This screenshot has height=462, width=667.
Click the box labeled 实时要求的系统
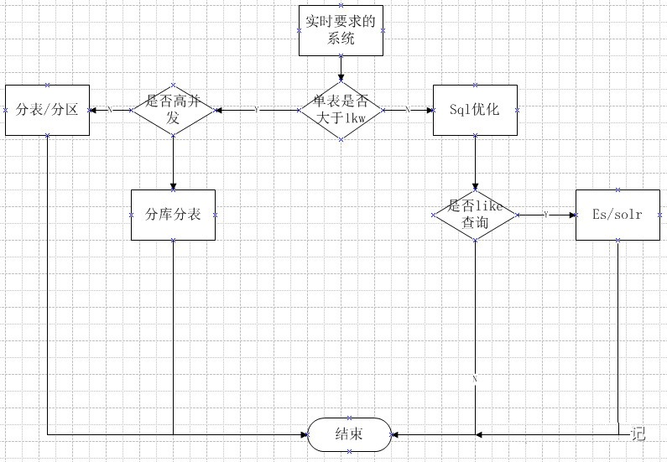pos(341,30)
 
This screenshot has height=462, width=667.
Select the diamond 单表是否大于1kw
pos(341,110)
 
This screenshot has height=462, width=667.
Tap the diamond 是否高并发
pos(173,110)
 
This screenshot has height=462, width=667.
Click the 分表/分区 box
pos(47,110)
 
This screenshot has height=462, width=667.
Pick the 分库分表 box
pos(173,215)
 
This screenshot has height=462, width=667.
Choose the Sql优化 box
pos(475,110)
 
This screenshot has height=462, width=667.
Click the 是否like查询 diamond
pos(475,215)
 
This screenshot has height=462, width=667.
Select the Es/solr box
pos(617,215)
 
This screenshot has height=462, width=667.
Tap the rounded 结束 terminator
pos(349,434)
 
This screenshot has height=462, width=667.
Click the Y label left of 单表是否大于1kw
pos(256,110)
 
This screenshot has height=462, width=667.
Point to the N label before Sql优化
pos(408,110)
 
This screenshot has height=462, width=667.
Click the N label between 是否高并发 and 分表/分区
pos(110,110)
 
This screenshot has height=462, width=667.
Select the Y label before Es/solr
pos(546,215)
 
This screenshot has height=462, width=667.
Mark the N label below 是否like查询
pos(475,379)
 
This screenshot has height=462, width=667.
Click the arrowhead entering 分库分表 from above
pos(173,186)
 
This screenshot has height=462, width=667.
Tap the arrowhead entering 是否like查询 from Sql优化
pos(475,187)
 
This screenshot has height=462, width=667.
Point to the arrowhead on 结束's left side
pos(304,434)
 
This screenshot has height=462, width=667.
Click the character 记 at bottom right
pos(638,433)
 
